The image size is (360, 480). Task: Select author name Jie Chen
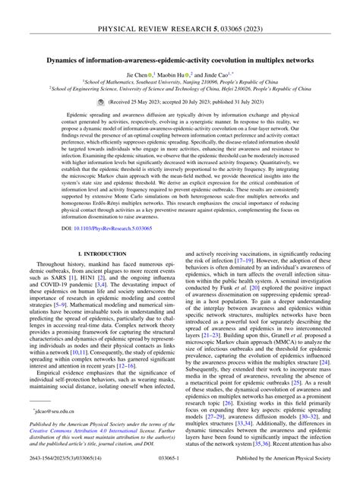pyautogui.click(x=138, y=77)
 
